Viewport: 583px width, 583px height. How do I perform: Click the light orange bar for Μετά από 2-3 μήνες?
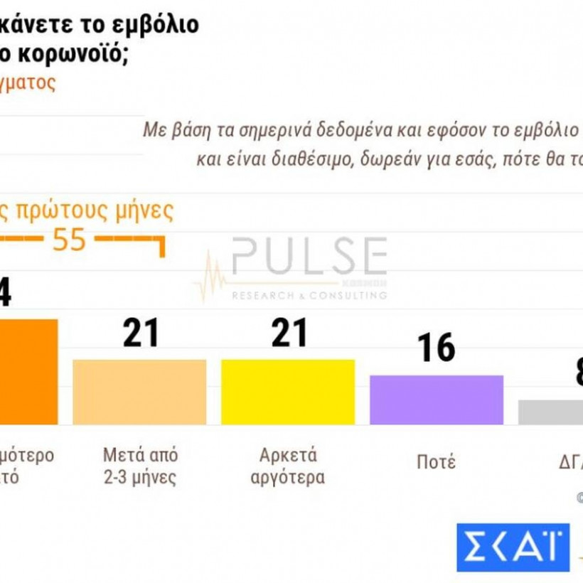pyautogui.click(x=139, y=392)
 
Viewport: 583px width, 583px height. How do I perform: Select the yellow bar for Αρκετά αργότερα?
pyautogui.click(x=288, y=392)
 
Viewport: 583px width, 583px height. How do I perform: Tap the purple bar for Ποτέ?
pyautogui.click(x=437, y=400)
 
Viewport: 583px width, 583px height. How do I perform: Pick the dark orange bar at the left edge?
pyautogui.click(x=28, y=371)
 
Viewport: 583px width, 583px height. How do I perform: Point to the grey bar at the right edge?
pyautogui.click(x=550, y=412)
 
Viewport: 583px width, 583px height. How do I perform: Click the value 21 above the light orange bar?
pyautogui.click(x=141, y=333)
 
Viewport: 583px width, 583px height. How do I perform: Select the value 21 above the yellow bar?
pyautogui.click(x=289, y=333)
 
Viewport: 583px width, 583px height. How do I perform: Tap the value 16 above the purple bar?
pyautogui.click(x=436, y=348)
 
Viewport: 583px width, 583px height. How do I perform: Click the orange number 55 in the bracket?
pyautogui.click(x=69, y=240)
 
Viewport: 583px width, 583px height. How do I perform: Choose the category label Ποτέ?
pyautogui.click(x=436, y=462)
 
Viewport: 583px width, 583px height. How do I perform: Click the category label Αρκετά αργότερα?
pyautogui.click(x=287, y=466)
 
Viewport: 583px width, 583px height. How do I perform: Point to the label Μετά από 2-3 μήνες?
pyautogui.click(x=140, y=466)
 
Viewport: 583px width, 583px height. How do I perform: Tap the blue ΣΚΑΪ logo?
pyautogui.click(x=513, y=547)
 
